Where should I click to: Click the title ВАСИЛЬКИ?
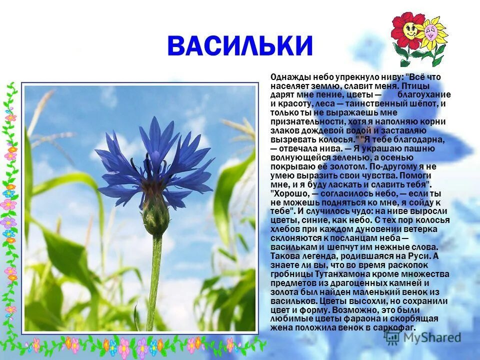(x=239, y=46)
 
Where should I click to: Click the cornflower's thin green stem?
(x=154, y=280)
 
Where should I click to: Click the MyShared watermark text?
(x=430, y=337)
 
